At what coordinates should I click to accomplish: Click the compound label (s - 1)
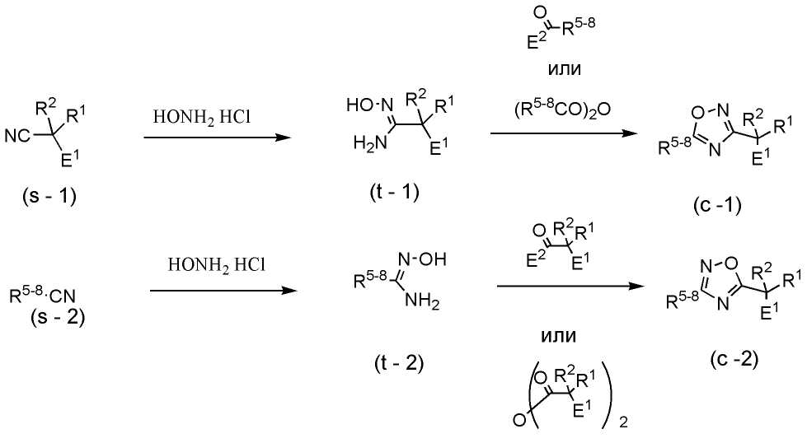50,196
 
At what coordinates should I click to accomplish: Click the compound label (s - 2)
57,316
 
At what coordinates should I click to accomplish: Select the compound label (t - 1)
395,192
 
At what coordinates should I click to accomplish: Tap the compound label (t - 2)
399,363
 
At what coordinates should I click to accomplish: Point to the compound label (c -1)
717,204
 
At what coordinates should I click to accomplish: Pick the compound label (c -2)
730,359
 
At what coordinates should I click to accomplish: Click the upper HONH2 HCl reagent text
201,117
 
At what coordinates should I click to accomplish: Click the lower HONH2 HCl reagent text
217,265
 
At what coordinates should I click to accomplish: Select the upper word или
565,68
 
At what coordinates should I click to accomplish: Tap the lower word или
558,336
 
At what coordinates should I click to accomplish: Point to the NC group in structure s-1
18,136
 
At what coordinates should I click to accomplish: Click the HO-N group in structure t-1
368,105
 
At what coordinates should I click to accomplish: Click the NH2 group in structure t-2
422,301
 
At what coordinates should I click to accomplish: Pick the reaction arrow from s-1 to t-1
217,138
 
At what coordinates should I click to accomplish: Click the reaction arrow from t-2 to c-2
570,287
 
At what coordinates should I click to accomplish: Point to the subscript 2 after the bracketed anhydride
624,423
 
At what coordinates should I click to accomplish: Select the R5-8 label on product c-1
675,146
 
